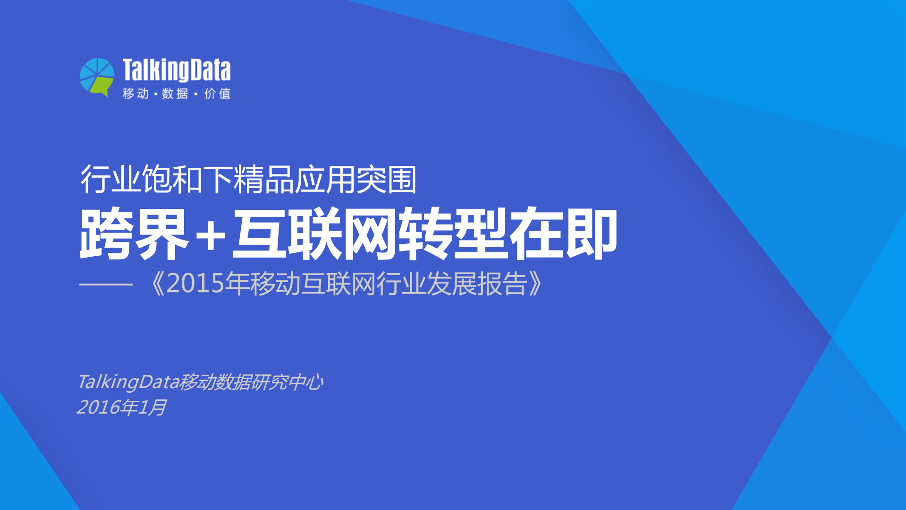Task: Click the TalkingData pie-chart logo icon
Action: click(97, 77)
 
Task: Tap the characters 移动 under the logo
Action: click(136, 94)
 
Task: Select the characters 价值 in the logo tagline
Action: click(218, 94)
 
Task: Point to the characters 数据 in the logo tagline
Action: click(175, 94)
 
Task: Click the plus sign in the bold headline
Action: click(211, 235)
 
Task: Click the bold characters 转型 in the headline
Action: click(453, 234)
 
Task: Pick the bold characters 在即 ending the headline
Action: click(563, 234)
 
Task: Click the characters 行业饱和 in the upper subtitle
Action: click(142, 180)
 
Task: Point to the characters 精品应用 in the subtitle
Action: click(295, 180)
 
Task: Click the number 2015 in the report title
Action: click(195, 284)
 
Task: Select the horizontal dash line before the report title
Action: click(106, 284)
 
